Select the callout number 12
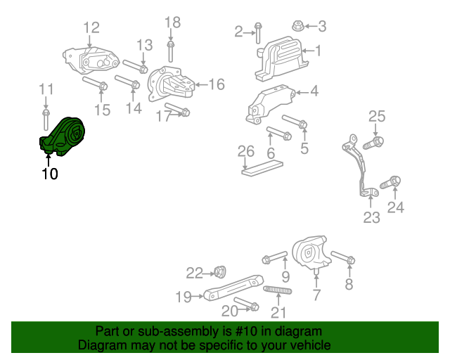[x=91, y=28]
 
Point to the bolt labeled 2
[x=258, y=32]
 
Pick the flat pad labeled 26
[x=262, y=168]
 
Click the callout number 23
[x=371, y=217]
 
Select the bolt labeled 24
[x=390, y=183]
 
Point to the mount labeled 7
[x=311, y=251]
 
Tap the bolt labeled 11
[x=46, y=115]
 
